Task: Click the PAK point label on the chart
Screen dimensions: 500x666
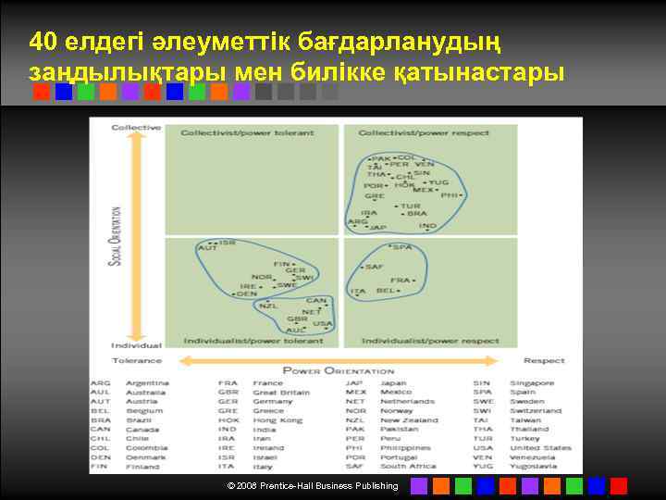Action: click(x=381, y=159)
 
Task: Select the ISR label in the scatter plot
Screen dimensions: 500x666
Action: click(x=228, y=243)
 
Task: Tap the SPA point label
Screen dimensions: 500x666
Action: click(x=402, y=247)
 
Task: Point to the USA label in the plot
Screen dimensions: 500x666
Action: click(x=322, y=324)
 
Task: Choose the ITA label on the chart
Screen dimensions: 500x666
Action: click(x=358, y=291)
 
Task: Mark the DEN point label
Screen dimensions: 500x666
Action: click(x=247, y=294)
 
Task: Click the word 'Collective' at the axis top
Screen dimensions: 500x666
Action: click(x=136, y=127)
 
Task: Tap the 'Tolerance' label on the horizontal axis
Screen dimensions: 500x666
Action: click(x=137, y=360)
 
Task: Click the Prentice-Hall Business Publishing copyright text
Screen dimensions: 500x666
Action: click(x=313, y=485)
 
